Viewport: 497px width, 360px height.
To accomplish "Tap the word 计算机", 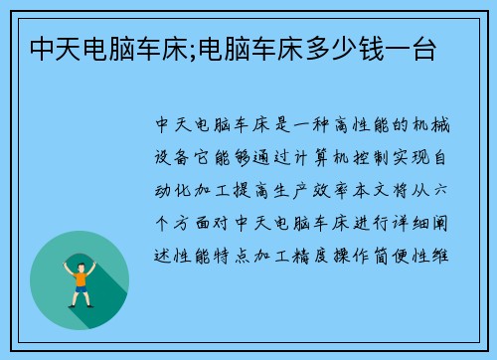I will [333, 157].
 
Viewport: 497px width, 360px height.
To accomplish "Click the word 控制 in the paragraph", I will [389, 157].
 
